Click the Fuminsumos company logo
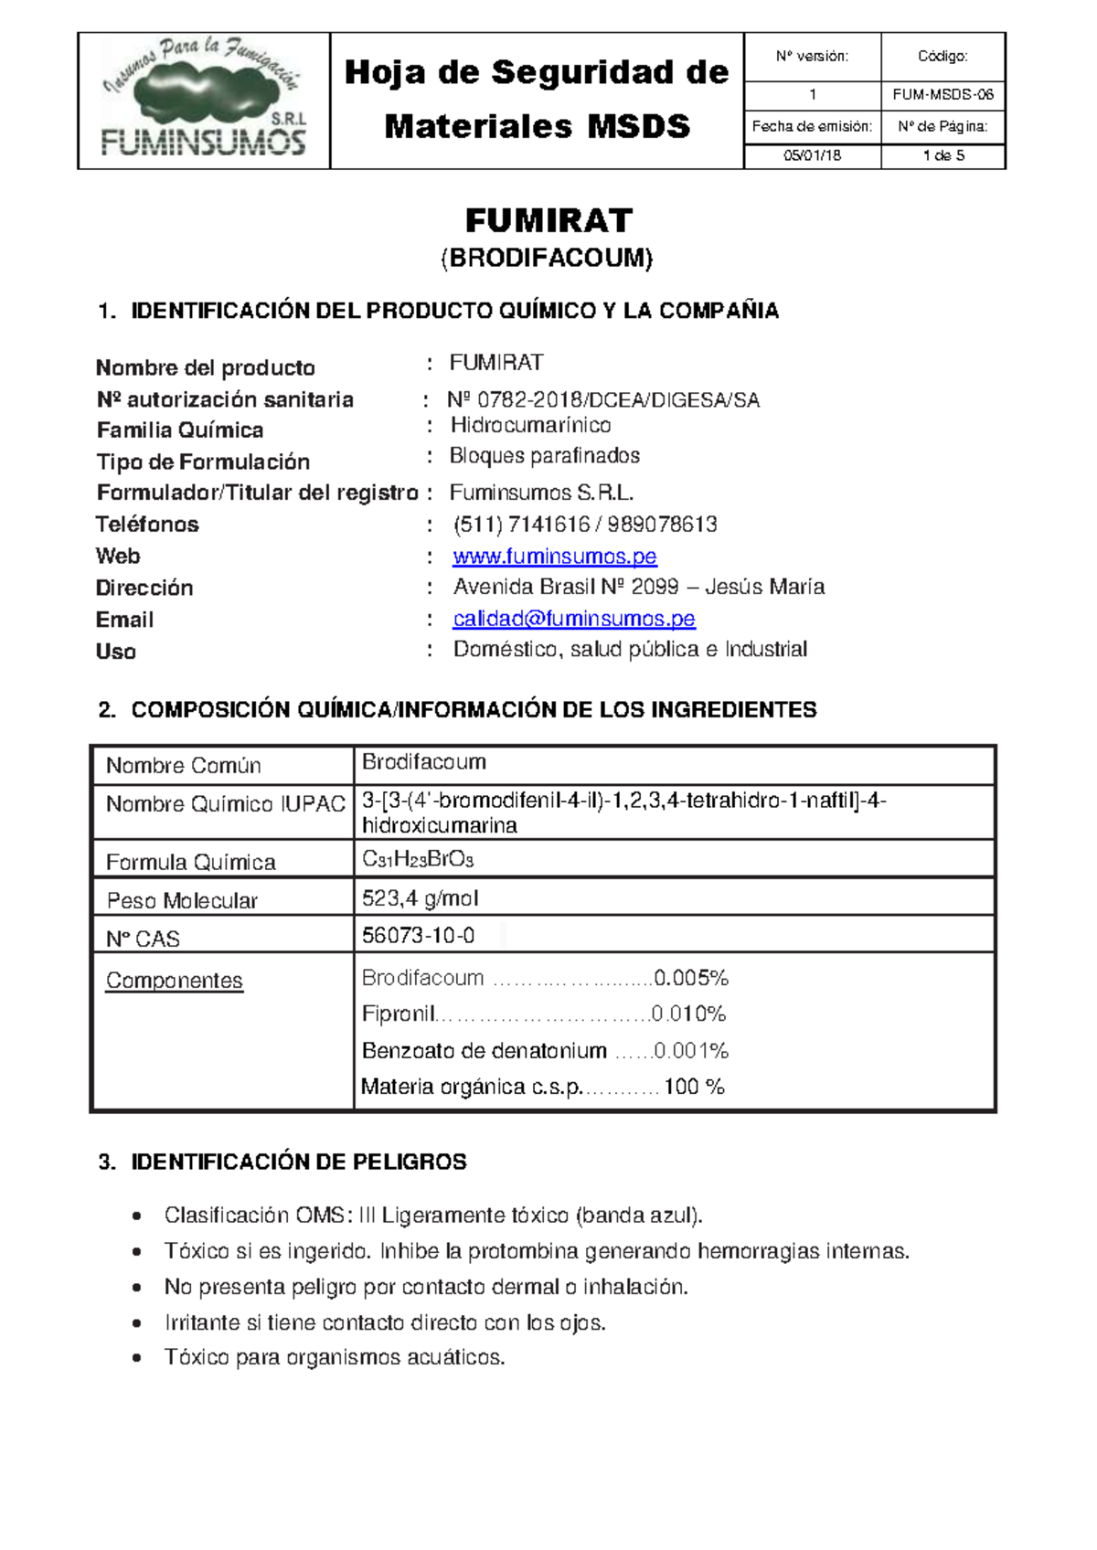pos(203,100)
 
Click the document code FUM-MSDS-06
pos(943,95)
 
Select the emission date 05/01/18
pos(812,155)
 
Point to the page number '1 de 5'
pos(943,155)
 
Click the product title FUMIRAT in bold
pos(548,220)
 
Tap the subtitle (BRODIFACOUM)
pos(547,258)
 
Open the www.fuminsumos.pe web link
pos(554,556)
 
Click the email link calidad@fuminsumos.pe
pos(573,619)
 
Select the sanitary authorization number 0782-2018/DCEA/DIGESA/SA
pos(603,399)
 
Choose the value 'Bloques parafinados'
pos(544,455)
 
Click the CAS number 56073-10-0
pos(418,935)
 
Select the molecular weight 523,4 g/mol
pos(420,898)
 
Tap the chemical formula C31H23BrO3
pos(417,859)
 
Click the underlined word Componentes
pos(174,981)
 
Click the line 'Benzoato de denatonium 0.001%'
pos(544,1050)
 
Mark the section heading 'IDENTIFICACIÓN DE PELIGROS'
pos(298,1162)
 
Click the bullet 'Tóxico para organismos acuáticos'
pos(334,1357)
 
